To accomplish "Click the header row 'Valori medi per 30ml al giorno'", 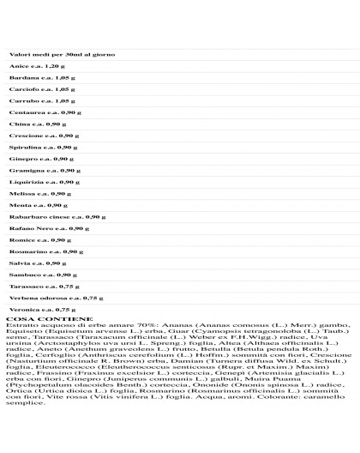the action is pyautogui.click(x=62, y=54).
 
